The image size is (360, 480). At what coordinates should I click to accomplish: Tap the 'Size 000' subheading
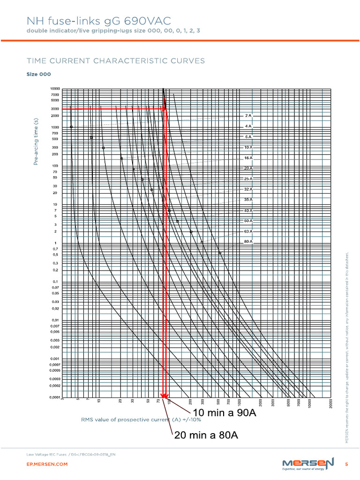coord(38,75)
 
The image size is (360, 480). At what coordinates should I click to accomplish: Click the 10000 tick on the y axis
coord(55,89)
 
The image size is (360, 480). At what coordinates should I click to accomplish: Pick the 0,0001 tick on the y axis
coord(54,397)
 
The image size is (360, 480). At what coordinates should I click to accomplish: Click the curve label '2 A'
coord(248,115)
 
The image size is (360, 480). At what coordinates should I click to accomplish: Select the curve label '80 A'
coord(248,241)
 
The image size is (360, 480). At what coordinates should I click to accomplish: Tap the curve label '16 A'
coord(248,158)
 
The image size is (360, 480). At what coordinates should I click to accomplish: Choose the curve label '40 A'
coord(248,210)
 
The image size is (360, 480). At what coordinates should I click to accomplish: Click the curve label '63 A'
coord(248,231)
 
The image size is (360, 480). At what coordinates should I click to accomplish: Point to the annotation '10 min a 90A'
coord(225,413)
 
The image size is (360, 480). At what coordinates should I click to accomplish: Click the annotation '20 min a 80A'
coord(206,435)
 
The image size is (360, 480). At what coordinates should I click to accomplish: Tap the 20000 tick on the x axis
coord(331,404)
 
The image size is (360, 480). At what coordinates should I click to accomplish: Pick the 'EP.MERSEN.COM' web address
coord(47,464)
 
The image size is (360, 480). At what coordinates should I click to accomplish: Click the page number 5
coord(346,464)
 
